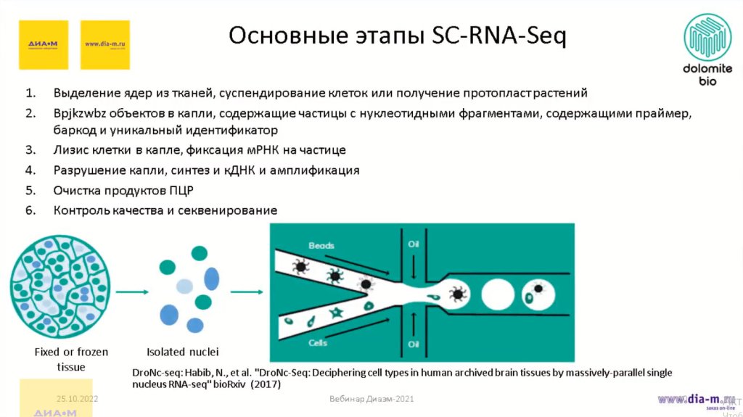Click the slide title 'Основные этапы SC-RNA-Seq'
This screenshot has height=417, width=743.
(x=397, y=35)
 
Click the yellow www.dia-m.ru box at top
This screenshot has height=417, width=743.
(x=105, y=44)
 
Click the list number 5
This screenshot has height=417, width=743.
(x=30, y=191)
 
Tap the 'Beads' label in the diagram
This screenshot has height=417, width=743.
(x=321, y=246)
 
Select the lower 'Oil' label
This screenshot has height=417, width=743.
(x=414, y=342)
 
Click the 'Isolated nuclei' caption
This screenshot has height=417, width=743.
(x=183, y=352)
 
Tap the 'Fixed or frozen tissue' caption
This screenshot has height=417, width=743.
(x=71, y=359)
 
